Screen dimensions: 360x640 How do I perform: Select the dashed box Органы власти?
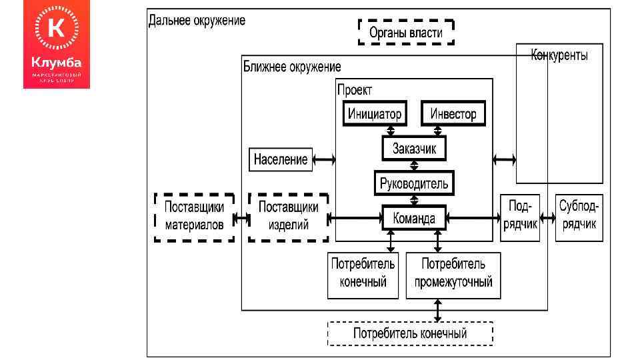coord(406,31)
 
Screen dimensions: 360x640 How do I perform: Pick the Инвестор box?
coord(453,113)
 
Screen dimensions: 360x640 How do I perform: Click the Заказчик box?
coord(414,148)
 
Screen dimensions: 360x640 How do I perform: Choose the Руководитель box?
coord(414,182)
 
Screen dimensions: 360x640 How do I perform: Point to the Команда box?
coord(414,217)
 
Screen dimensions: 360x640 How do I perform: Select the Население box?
coord(280,159)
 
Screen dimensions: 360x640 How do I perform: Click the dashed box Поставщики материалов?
coord(194,217)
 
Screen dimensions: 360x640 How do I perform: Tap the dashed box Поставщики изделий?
coord(288,217)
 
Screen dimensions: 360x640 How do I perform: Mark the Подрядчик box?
coord(519,217)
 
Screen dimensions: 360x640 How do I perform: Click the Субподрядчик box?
coord(579,217)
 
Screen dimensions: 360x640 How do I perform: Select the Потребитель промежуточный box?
coord(453,275)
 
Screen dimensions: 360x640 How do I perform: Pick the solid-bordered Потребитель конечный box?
coord(363,275)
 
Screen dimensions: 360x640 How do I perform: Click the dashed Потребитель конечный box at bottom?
coord(410,333)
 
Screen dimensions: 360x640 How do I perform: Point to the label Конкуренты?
coord(559,56)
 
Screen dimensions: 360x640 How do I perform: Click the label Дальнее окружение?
coord(197,20)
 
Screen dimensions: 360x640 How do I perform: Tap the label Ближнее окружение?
coord(291,67)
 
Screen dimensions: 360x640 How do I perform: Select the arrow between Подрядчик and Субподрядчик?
coord(547,217)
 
